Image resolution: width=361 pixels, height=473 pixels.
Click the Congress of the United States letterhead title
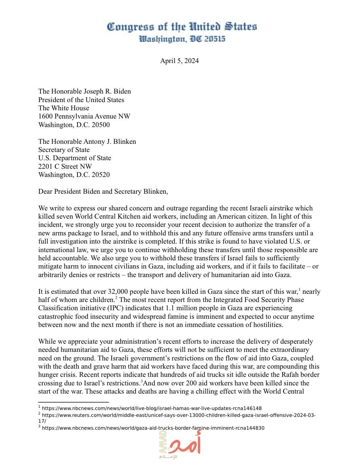(182, 27)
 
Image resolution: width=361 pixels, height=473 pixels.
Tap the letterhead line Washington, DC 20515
(182, 39)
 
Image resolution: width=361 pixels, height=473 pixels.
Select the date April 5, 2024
(179, 61)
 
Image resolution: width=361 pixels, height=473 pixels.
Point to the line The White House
(64, 108)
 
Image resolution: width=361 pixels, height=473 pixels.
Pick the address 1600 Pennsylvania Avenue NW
(84, 116)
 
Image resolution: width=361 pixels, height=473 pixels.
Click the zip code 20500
(101, 125)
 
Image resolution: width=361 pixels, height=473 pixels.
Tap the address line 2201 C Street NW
(65, 166)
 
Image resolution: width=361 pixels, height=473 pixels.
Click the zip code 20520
(101, 175)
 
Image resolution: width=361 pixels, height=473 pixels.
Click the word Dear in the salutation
(45, 191)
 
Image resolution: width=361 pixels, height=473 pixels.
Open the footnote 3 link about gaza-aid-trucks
(153, 428)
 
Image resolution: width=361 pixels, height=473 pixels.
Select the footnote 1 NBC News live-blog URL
(152, 408)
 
